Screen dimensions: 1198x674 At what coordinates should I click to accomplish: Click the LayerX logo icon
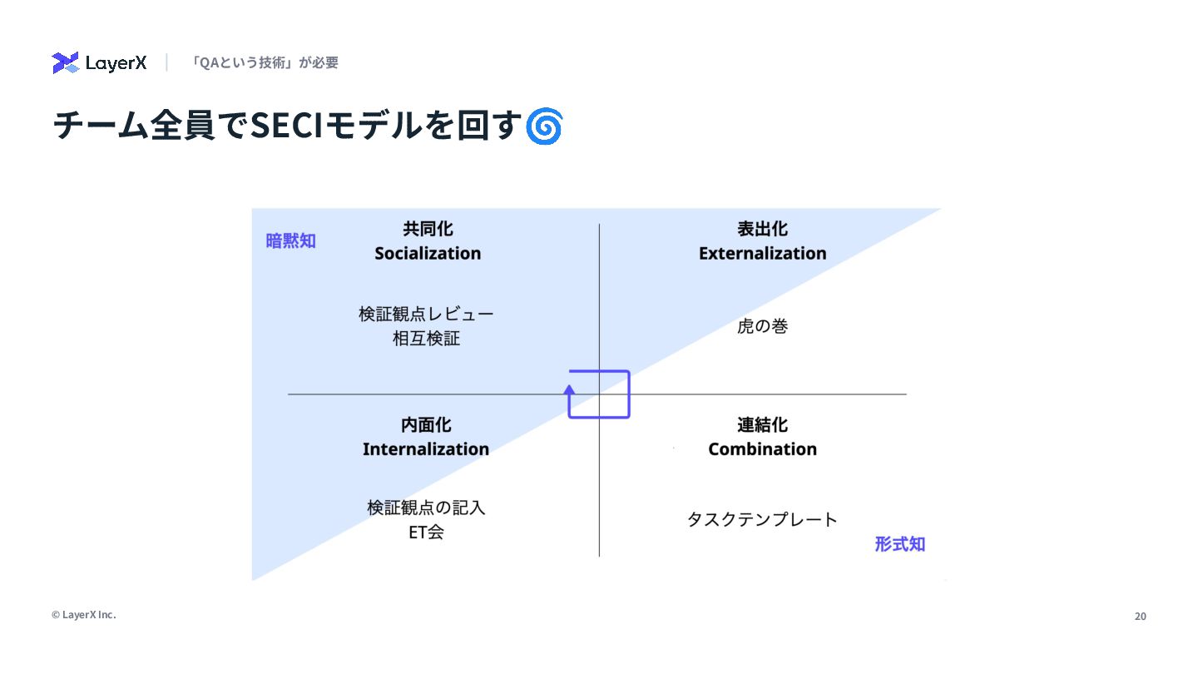point(65,62)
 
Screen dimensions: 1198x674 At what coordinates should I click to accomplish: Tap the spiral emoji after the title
point(545,126)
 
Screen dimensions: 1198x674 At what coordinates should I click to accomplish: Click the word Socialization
point(428,253)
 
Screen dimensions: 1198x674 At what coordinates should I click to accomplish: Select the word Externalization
point(762,253)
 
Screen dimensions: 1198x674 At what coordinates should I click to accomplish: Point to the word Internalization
point(426,449)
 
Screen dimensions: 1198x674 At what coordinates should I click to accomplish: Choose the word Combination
point(762,449)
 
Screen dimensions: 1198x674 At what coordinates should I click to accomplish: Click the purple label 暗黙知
point(290,241)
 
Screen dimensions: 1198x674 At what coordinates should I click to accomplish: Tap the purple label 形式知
point(899,544)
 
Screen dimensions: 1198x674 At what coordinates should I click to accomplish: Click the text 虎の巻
point(762,326)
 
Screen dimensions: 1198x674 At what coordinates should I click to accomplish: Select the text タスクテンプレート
point(762,520)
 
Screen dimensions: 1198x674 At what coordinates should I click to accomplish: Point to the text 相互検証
point(426,339)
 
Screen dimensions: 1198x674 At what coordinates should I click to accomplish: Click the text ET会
point(426,533)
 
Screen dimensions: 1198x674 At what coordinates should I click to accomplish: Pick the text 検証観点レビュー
point(426,315)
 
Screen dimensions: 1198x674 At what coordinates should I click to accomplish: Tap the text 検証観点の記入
point(426,508)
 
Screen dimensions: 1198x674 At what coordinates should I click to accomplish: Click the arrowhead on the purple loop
point(570,388)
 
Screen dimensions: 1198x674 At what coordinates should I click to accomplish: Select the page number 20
point(1141,617)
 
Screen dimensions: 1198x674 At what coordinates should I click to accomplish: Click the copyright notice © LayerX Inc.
point(83,615)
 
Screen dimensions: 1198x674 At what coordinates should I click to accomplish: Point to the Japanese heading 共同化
point(428,229)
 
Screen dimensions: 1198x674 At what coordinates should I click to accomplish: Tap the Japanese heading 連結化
point(762,425)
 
